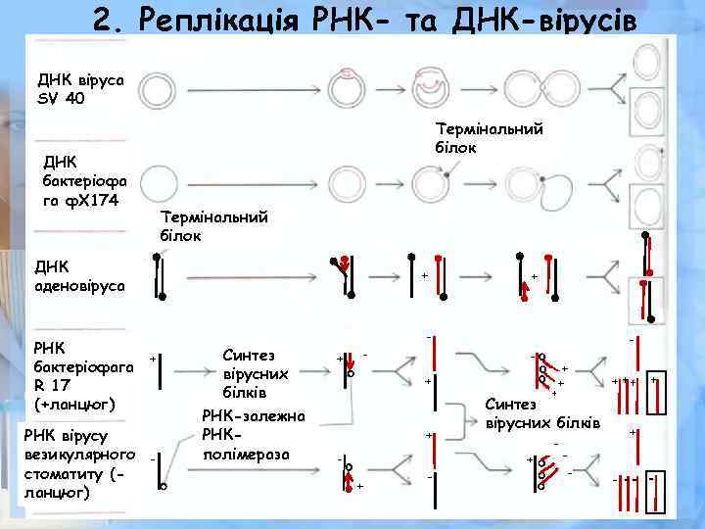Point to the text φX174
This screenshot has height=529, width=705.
94,200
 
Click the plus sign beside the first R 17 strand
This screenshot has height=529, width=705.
152,360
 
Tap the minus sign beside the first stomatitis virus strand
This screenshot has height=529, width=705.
153,457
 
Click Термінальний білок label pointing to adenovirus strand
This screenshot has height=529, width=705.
213,226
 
